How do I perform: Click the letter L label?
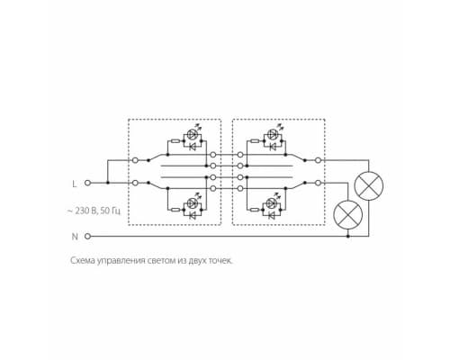tap(75, 184)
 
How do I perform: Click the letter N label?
tap(75, 237)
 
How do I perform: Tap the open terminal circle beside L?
tap(87, 183)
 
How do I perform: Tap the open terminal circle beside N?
tap(87, 237)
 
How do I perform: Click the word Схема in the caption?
tap(83, 261)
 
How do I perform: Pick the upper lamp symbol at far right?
tap(369, 186)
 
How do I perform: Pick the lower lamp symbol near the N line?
tap(348, 215)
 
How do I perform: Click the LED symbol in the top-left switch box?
tap(192, 134)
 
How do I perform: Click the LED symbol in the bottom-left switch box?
tap(192, 203)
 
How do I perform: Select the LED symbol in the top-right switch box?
tap(273, 134)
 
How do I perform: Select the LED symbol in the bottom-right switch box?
tap(273, 203)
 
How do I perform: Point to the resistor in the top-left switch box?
tap(175, 140)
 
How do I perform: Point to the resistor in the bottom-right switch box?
tap(256, 210)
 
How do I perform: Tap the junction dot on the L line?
tap(108, 183)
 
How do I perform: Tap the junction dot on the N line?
tap(348, 237)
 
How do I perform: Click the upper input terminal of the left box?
tap(135, 160)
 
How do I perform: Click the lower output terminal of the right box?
tap(319, 183)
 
